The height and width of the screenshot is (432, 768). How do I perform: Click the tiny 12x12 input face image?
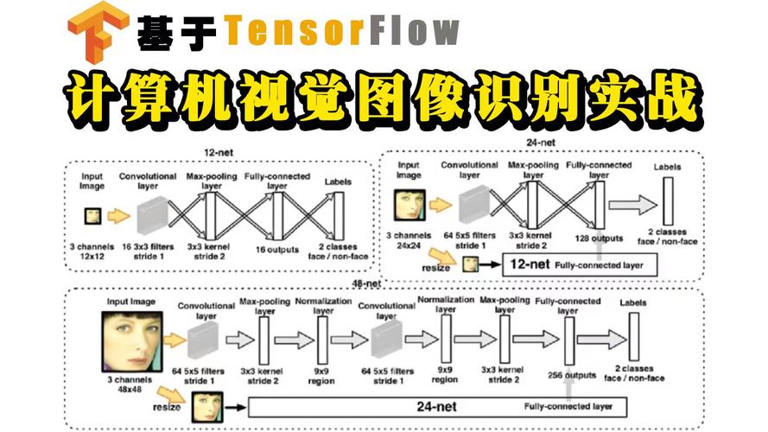[x=92, y=216]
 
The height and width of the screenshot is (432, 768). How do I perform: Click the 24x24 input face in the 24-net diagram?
[x=409, y=206]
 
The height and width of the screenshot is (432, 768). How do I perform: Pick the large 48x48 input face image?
[x=130, y=340]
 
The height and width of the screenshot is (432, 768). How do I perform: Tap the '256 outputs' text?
[x=573, y=375]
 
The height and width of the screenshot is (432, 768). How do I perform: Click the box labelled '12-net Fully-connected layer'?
[x=571, y=264]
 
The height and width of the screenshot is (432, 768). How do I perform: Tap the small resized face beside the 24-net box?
[x=207, y=404]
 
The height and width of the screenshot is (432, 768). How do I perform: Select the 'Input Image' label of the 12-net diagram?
[x=92, y=181]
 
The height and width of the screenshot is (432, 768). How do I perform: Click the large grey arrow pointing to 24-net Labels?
[x=631, y=206]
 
